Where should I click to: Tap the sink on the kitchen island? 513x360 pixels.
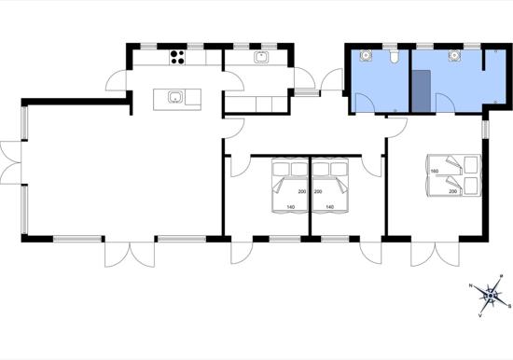[173, 96]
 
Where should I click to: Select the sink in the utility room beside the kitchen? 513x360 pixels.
[261, 58]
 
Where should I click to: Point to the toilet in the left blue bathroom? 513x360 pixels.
[396, 58]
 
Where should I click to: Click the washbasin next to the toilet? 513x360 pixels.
[367, 56]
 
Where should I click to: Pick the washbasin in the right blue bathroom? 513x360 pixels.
[454, 56]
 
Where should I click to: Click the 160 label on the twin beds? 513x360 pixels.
[434, 171]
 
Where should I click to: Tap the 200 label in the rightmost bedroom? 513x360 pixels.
[453, 191]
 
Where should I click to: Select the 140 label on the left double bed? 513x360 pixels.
[291, 206]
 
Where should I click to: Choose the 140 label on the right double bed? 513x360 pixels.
[329, 206]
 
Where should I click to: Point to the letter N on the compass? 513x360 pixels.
[471, 287]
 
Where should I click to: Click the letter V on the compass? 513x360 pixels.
[480, 316]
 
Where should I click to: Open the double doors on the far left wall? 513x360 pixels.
[9, 162]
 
